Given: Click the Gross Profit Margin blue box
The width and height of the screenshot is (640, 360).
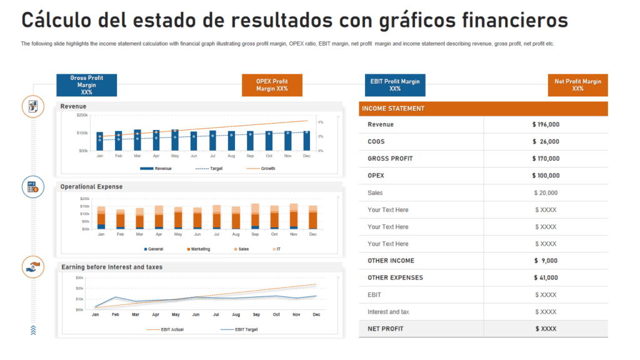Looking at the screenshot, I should pyautogui.click(x=86, y=85).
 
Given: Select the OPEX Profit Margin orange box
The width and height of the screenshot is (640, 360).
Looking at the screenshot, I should pyautogui.click(x=272, y=85).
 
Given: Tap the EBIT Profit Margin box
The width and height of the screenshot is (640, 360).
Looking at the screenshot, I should pyautogui.click(x=395, y=85).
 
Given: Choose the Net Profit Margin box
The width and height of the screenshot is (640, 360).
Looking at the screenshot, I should pyautogui.click(x=577, y=85).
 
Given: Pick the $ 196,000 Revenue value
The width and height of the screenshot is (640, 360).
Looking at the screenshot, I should pyautogui.click(x=546, y=124).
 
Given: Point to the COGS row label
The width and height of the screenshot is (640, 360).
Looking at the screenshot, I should pyautogui.click(x=376, y=142).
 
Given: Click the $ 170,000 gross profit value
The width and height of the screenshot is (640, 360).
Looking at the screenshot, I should pyautogui.click(x=546, y=159).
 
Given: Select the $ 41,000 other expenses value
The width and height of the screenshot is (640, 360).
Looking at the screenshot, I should pyautogui.click(x=546, y=277).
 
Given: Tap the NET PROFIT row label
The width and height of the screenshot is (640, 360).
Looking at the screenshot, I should pyautogui.click(x=386, y=329).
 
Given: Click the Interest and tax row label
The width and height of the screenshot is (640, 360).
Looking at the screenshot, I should pyautogui.click(x=388, y=312).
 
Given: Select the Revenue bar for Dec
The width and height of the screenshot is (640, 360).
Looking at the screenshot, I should pyautogui.click(x=306, y=141).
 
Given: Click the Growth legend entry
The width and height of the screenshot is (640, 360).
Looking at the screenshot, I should pyautogui.click(x=267, y=169).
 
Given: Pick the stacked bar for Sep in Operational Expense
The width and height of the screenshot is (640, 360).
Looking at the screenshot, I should pyautogui.click(x=255, y=216).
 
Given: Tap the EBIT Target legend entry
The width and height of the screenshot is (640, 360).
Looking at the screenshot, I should pyautogui.click(x=246, y=329).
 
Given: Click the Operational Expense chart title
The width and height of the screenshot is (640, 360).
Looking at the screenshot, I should pyautogui.click(x=91, y=187).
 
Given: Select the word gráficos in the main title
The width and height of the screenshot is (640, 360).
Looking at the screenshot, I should pyautogui.click(x=416, y=20).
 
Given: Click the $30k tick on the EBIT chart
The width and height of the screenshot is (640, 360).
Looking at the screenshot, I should pyautogui.click(x=79, y=277).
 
